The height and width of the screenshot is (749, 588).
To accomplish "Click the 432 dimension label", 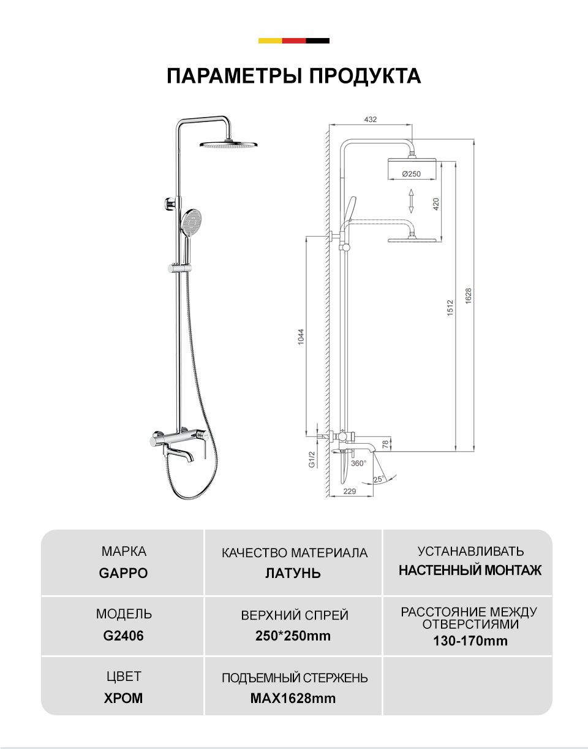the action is (x=371, y=120).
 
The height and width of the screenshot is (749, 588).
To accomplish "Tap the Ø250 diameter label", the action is (x=411, y=173).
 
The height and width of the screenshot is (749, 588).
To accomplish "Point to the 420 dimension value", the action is (x=435, y=204).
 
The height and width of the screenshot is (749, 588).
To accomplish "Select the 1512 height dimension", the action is (x=450, y=308).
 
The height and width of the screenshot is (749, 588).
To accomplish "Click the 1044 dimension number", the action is (x=301, y=336).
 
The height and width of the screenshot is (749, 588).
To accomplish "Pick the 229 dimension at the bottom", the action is (x=349, y=491).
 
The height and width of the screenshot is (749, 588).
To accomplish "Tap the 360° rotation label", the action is (x=358, y=463).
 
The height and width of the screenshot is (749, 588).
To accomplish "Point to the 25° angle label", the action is (x=379, y=479).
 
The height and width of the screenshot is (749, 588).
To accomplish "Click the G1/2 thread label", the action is (x=311, y=460).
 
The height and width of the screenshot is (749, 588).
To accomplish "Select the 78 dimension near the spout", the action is (x=385, y=444).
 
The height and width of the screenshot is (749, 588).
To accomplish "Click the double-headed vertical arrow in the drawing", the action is (x=411, y=200).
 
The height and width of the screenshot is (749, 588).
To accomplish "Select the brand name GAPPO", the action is (x=123, y=573).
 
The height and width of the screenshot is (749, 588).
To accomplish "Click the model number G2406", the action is (x=123, y=635).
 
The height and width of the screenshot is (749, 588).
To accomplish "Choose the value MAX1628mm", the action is (x=293, y=698).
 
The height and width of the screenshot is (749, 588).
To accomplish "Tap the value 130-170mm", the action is (x=470, y=641).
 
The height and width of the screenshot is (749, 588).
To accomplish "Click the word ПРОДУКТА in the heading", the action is (x=365, y=76).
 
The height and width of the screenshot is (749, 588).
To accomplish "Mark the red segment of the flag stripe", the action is (x=294, y=40).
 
